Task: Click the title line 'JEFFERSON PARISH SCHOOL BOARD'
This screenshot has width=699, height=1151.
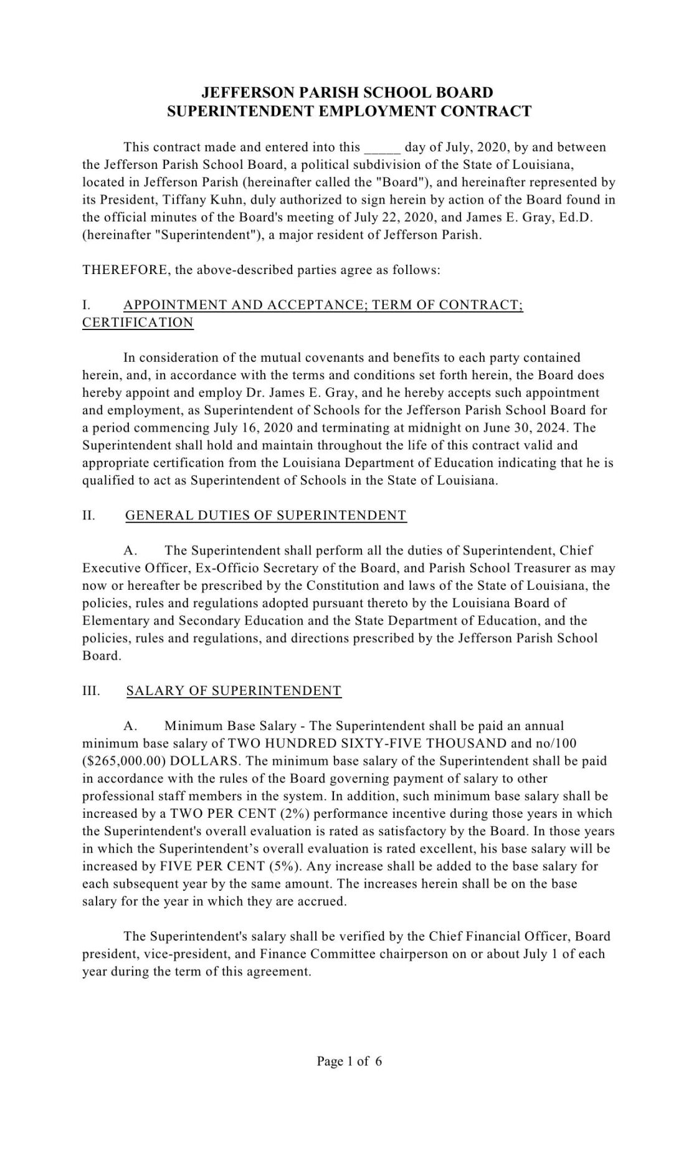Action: (347, 93)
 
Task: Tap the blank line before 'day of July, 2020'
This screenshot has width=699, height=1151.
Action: (381, 148)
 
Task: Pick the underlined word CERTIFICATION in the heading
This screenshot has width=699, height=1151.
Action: (138, 323)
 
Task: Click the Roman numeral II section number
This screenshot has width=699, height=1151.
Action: (88, 516)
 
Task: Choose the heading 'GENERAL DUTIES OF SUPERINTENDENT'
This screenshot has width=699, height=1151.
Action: (266, 516)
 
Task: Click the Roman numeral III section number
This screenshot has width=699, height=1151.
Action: (91, 691)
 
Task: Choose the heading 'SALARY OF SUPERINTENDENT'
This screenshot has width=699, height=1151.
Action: (234, 691)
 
